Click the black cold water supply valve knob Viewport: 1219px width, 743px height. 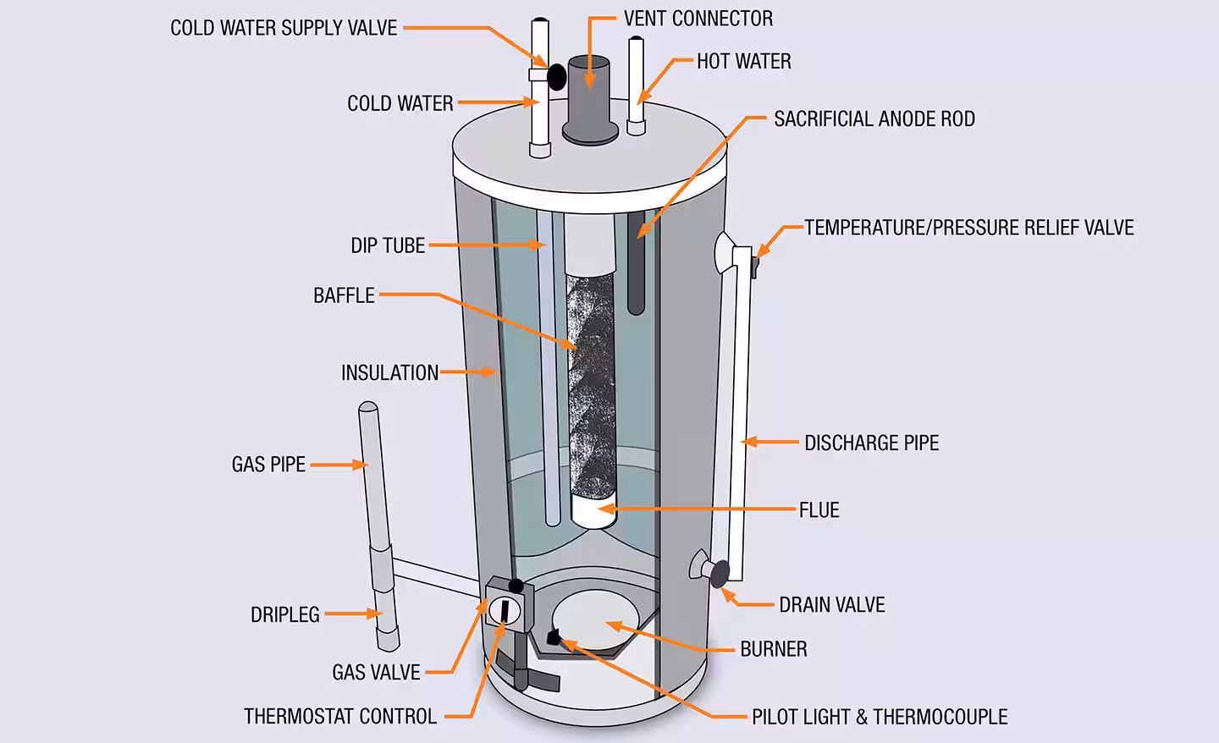[556, 77]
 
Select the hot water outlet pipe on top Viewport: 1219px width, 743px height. [636, 85]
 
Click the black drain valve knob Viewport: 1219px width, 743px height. [720, 574]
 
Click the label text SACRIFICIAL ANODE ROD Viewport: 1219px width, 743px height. [874, 119]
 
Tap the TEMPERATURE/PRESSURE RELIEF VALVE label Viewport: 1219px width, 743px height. [968, 228]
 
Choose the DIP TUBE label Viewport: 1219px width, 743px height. [388, 245]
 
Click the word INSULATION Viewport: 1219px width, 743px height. [389, 372]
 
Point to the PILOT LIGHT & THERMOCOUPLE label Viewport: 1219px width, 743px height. [880, 717]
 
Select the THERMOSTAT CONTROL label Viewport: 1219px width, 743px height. [340, 717]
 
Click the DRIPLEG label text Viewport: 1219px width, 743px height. [285, 614]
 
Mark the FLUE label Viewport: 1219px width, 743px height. [819, 509]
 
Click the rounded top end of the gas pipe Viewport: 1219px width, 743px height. [368, 409]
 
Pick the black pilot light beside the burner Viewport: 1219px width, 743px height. [554, 637]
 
